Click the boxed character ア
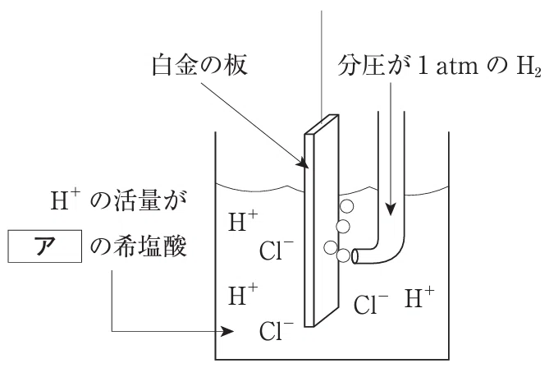pos(45,246)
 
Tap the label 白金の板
pos(200,65)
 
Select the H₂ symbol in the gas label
pos(528,66)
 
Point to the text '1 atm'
pos(448,66)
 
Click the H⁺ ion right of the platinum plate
pos(419,297)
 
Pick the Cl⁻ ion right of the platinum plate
pos(371,303)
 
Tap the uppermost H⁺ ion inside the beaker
pos(243,221)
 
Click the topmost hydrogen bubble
pos(346,206)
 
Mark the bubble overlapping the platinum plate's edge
pos(331,247)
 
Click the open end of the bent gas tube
pos(355,256)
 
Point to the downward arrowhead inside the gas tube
pos(391,209)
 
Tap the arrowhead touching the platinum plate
pos(303,163)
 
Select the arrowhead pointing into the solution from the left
pos(228,330)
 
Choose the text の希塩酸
pos(139,246)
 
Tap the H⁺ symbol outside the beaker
pos(65,200)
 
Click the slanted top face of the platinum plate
pos(322,124)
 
